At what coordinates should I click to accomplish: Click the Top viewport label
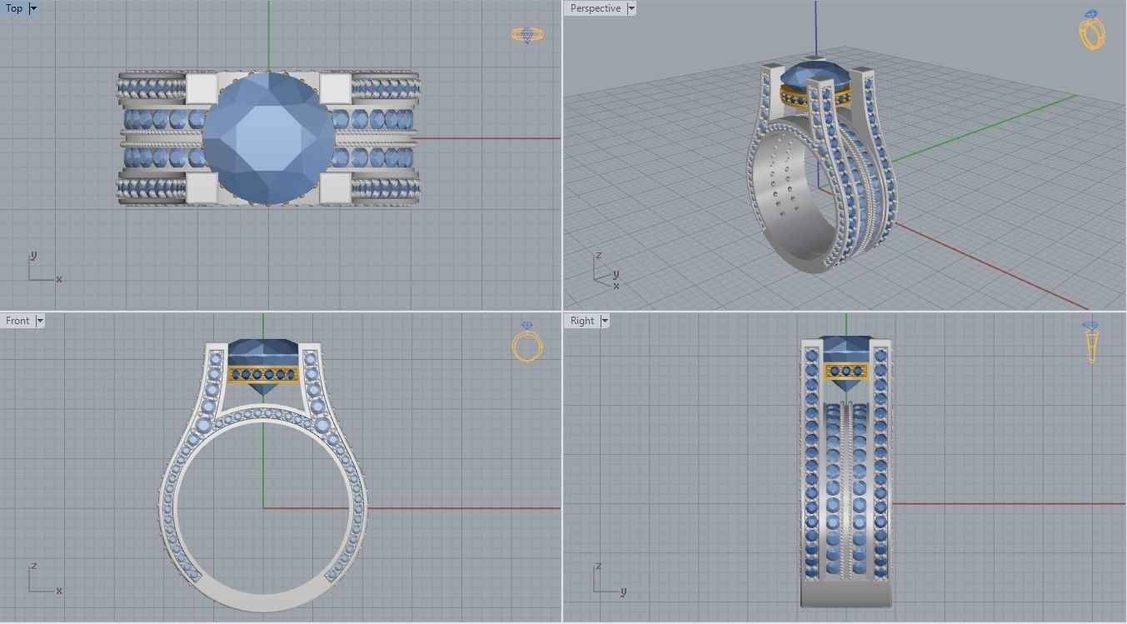click(x=14, y=8)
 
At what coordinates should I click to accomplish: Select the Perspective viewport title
click(x=595, y=8)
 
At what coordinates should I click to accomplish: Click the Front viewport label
click(x=17, y=321)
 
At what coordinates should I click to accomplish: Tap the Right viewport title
click(x=582, y=321)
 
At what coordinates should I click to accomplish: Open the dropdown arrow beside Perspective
click(x=631, y=8)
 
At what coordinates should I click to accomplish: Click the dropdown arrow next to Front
click(x=40, y=321)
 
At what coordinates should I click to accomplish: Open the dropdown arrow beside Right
click(x=605, y=321)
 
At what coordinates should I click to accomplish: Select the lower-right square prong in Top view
click(x=334, y=187)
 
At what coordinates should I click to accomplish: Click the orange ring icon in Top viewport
click(x=526, y=35)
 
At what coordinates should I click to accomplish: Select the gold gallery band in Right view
click(x=846, y=372)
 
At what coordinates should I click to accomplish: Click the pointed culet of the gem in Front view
click(x=263, y=394)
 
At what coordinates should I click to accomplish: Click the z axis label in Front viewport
click(x=32, y=566)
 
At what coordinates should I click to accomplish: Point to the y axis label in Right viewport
click(x=623, y=592)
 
